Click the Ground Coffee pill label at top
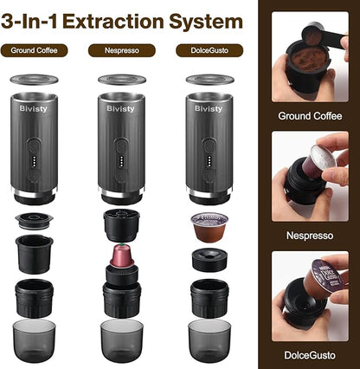[x=35, y=51]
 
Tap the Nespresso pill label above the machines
[x=122, y=51]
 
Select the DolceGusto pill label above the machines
[x=209, y=51]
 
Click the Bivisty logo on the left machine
[x=30, y=109]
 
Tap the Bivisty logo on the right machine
[x=208, y=109]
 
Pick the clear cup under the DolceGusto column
[x=209, y=340]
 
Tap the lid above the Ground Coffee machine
[x=35, y=80]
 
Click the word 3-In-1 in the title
[x=40, y=18]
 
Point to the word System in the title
[x=207, y=18]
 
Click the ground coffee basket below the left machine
[x=35, y=248]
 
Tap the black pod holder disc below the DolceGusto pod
[x=209, y=258]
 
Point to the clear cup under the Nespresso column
[x=121, y=340]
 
